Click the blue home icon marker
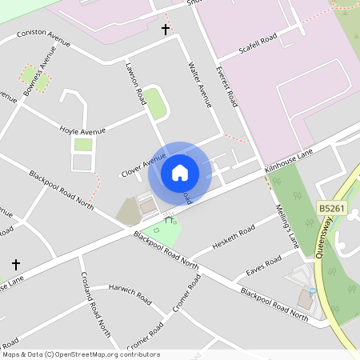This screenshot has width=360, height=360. pos(180,172)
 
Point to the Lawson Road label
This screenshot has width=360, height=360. pos(134,83)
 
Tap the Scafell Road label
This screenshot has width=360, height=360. pos(258,46)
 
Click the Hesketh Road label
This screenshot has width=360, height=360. pos(233,237)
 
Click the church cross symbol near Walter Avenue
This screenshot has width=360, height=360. pos(166,30)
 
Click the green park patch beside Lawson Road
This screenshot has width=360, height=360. pos(155,104)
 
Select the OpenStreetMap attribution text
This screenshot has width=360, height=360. pos(80,354)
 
